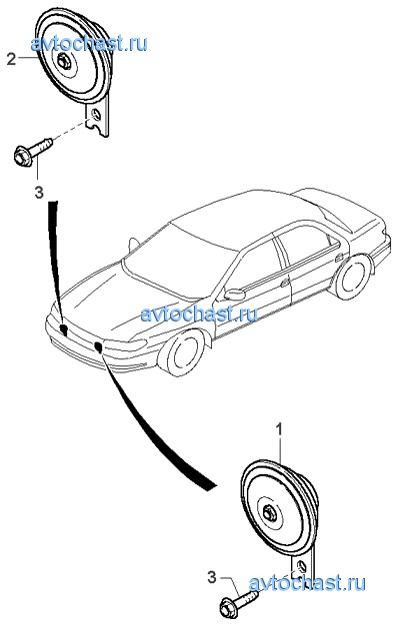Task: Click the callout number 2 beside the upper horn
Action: (x=11, y=59)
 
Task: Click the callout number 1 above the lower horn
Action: (x=280, y=430)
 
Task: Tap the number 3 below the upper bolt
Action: (x=38, y=193)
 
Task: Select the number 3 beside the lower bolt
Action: (x=212, y=576)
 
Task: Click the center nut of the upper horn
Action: (x=64, y=61)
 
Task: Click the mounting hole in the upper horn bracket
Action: (x=96, y=116)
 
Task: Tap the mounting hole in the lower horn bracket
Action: (x=302, y=567)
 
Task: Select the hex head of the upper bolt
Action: (x=22, y=157)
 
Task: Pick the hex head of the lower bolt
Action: (x=228, y=605)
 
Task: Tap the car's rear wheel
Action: (x=352, y=277)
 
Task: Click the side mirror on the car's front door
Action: (x=235, y=295)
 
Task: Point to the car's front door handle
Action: (x=285, y=283)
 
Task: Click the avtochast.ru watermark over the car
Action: (x=199, y=314)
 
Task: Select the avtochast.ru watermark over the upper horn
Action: (x=89, y=43)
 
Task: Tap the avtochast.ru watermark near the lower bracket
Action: (x=307, y=583)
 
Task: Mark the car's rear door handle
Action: (x=339, y=258)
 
